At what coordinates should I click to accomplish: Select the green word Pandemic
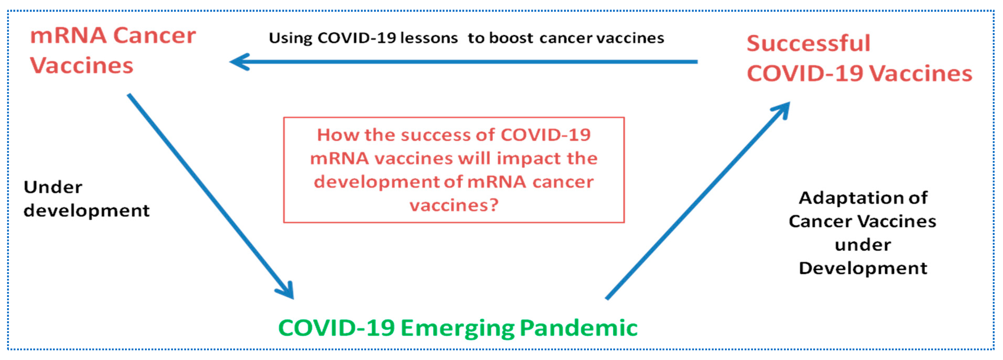coord(579,328)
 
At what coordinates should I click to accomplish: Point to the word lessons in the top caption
coord(429,38)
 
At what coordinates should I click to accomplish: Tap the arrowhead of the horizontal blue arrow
coord(240,62)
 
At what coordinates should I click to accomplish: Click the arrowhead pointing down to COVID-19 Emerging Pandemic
coord(286,291)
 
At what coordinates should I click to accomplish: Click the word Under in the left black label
coord(53,187)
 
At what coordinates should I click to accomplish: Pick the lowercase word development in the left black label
coord(86,211)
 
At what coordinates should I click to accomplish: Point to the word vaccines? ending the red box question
coord(454,205)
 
